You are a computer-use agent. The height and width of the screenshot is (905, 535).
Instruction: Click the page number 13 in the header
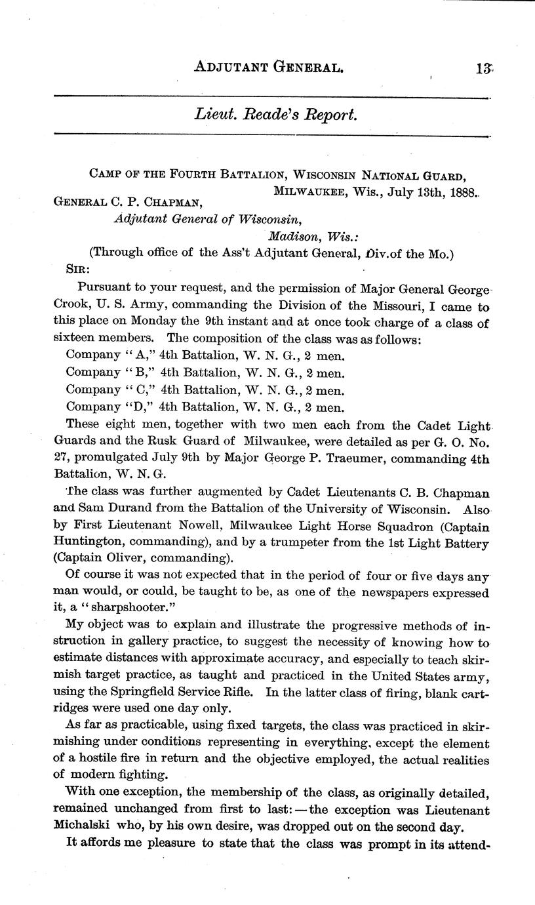point(485,66)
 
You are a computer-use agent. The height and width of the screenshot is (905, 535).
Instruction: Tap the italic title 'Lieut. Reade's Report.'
point(275,115)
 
